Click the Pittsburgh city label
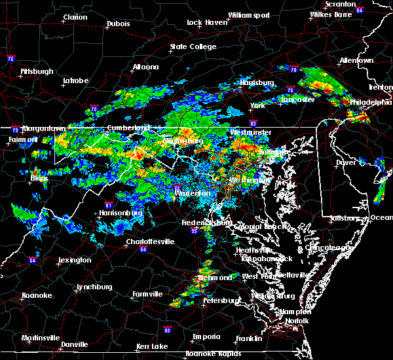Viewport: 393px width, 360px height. pyautogui.click(x=37, y=71)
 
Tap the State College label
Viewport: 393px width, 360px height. pyautogui.click(x=193, y=47)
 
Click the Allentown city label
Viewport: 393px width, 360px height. pyautogui.click(x=356, y=60)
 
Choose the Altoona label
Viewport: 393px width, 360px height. pyautogui.click(x=145, y=67)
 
